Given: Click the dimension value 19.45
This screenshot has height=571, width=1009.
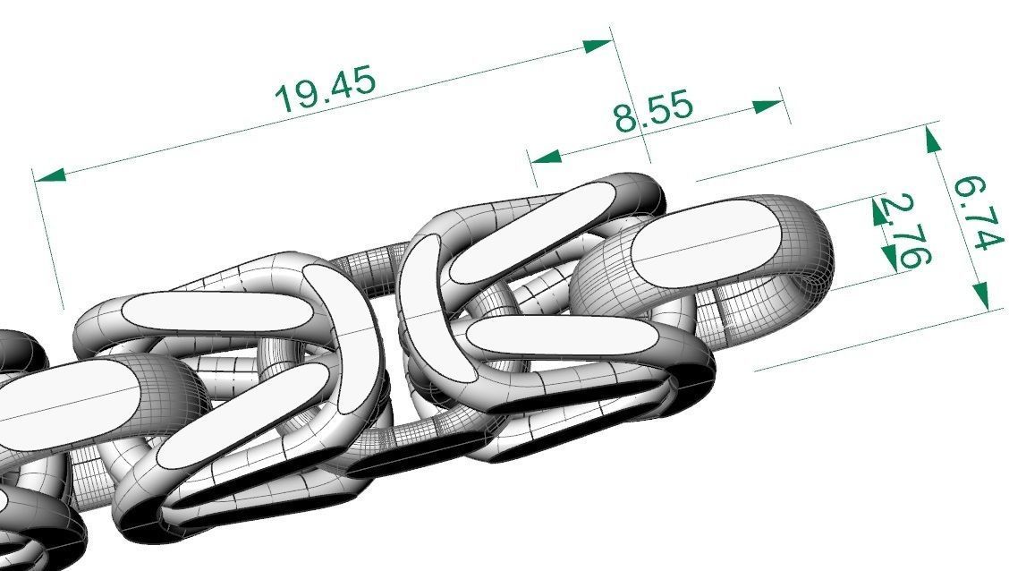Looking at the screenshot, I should pos(326,88).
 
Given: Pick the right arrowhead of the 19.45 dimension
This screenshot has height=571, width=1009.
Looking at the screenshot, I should pos(597,45).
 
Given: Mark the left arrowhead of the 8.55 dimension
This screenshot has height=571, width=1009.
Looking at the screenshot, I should pos(546,157).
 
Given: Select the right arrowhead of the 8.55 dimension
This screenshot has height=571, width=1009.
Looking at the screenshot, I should pos(768,107).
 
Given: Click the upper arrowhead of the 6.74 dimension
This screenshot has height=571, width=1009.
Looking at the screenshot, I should pos(934,140).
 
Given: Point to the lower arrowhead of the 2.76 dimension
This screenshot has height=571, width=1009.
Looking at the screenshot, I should pos(891,259).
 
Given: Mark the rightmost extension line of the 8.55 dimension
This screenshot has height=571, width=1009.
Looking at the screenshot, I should pos(784,106).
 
